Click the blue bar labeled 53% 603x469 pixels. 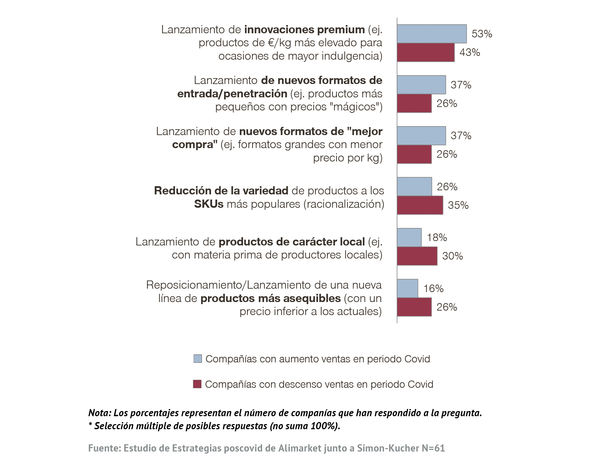point(432,34)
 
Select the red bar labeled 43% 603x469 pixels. point(426,52)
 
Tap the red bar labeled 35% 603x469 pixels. point(420,205)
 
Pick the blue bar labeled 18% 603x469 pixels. point(409,237)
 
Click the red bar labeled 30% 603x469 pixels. point(417,256)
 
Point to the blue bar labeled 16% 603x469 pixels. point(407,288)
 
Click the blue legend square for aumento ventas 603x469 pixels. point(198,359)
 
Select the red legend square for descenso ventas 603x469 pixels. point(197,384)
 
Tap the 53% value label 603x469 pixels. point(482,34)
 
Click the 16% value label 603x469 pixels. point(433,289)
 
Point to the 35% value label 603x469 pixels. point(458,205)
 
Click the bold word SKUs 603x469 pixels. point(209,204)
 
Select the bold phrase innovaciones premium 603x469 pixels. point(304,30)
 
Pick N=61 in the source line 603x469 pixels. point(433,448)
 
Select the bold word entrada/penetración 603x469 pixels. point(232,94)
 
